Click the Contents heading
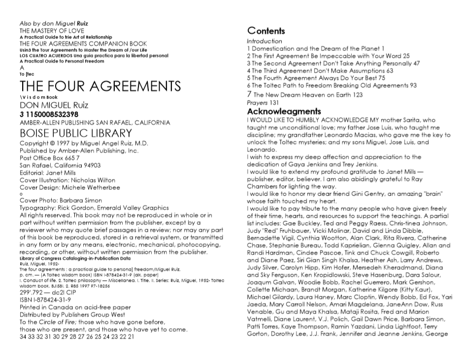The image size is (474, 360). pos(266,31)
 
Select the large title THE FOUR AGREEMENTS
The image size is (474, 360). pos(101,87)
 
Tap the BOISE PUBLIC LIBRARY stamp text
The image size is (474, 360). pos(76,133)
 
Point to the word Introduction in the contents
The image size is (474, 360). pos(264,41)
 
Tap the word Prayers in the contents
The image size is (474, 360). pos(257,102)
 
